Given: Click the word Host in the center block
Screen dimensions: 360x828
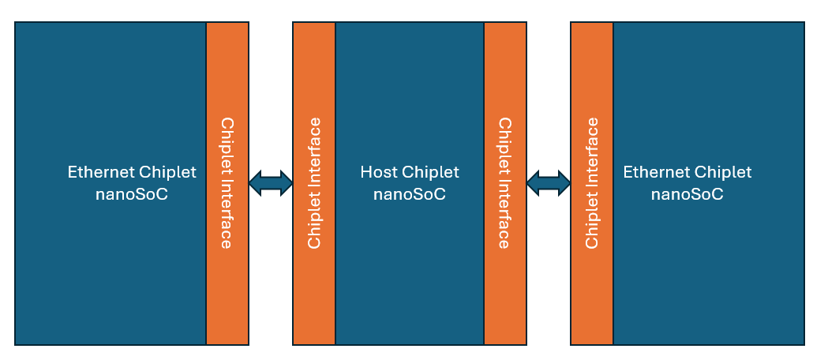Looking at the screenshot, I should coord(377,172).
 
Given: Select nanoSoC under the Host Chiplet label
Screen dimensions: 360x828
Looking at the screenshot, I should coord(409,194).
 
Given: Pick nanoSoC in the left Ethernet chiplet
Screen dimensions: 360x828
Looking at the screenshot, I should coord(132,194).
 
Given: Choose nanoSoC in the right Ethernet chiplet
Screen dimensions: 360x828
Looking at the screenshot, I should coord(687,194).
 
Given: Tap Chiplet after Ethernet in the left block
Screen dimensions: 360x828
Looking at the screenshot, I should coord(168,172).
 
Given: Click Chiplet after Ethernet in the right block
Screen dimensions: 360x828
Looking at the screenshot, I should coord(723,172).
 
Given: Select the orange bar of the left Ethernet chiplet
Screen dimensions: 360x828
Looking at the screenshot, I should coord(227,79).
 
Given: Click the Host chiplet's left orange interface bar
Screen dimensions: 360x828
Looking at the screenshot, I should coord(314,79).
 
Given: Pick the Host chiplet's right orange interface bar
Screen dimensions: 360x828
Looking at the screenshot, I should coord(505,79).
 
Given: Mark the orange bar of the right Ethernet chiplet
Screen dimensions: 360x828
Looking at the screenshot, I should coord(592,79).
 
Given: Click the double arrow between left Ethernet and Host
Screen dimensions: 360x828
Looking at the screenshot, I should coord(271,183).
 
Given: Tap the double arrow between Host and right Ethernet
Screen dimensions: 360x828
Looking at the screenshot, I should coord(549,183).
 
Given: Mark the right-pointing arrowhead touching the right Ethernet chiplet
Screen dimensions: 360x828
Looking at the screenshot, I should coord(564,183).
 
